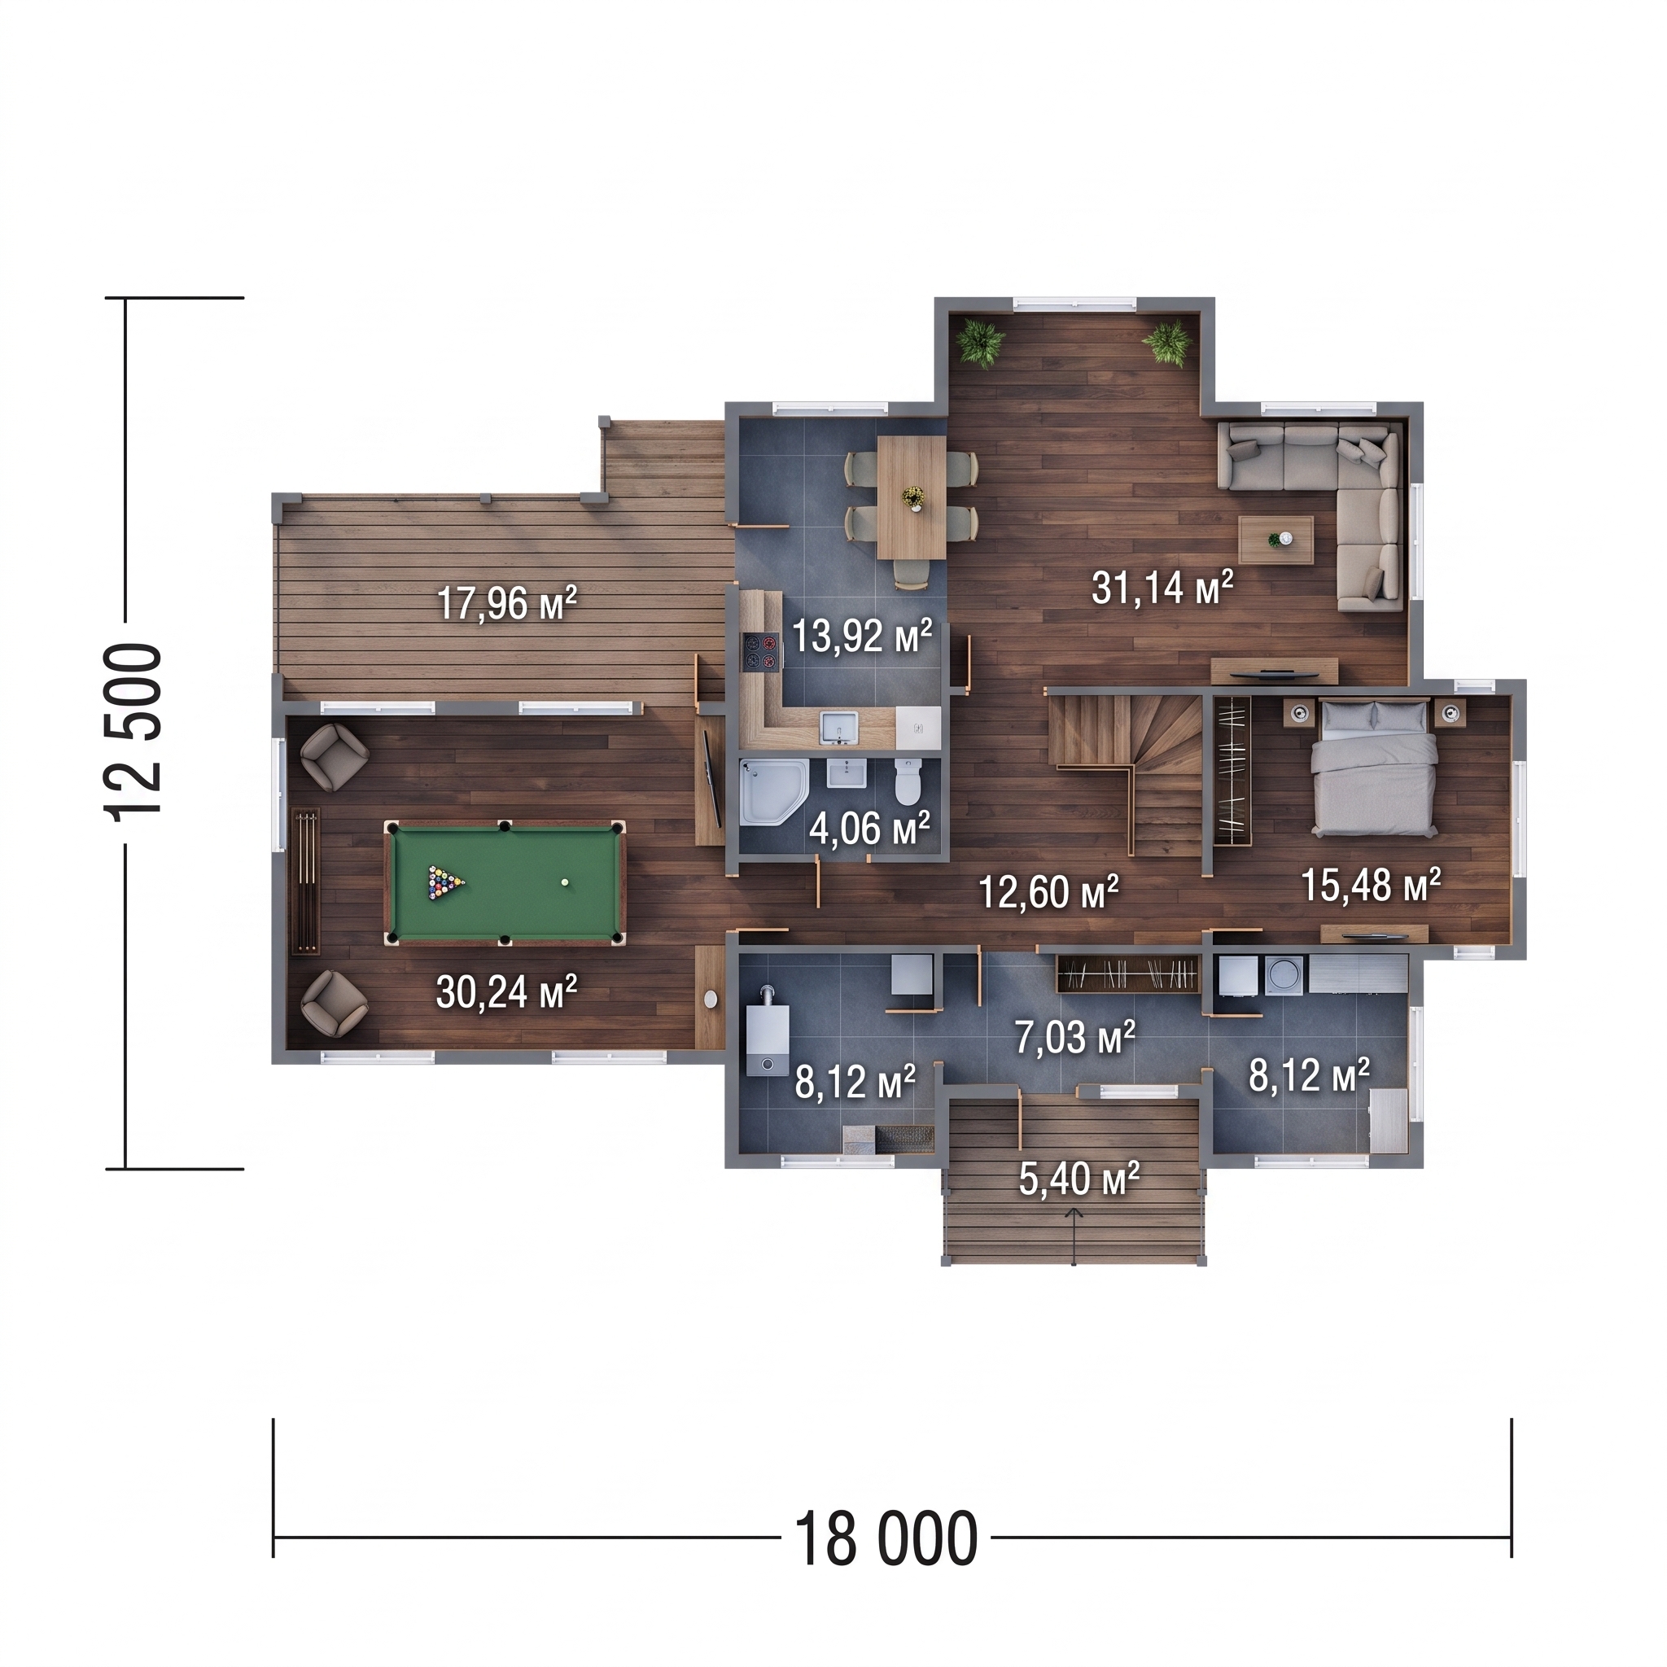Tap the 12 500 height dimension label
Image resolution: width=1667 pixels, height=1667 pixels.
point(133,731)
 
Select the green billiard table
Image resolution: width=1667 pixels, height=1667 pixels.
point(505,882)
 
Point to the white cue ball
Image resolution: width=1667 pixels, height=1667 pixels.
point(565,882)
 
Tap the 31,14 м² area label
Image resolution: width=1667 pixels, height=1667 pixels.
point(1162,588)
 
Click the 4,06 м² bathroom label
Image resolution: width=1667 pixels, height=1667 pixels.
point(869,829)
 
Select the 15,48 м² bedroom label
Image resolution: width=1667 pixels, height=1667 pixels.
point(1371,886)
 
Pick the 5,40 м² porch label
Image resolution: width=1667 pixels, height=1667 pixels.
point(1079,1179)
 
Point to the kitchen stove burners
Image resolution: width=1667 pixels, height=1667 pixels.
point(762,651)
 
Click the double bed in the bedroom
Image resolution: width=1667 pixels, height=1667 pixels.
point(1375,766)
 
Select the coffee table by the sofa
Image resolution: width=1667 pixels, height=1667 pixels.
point(1276,540)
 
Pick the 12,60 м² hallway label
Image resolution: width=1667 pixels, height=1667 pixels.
point(1048,893)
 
